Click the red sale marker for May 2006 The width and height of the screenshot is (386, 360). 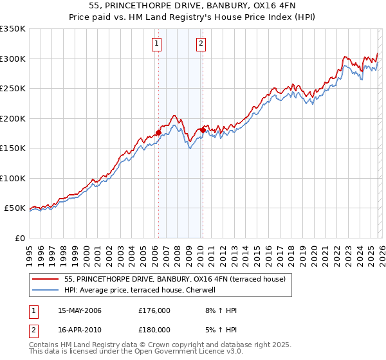click(158, 133)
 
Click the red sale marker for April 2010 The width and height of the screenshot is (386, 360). click(203, 130)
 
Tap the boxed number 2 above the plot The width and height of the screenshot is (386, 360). click(201, 44)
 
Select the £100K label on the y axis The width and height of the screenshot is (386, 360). click(13, 178)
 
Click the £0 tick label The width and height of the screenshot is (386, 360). click(19, 238)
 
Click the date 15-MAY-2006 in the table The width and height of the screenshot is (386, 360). click(80, 310)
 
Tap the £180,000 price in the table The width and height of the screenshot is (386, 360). click(154, 329)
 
